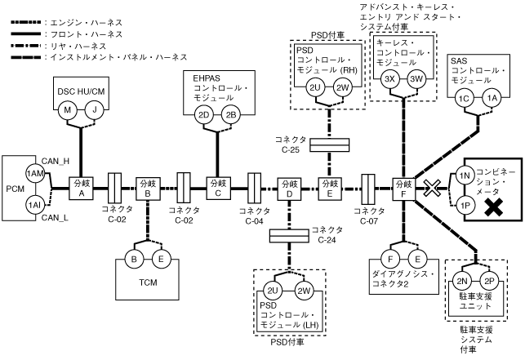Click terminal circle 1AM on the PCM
point(34,173)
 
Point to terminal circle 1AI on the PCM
point(34,204)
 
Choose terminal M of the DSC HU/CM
point(69,109)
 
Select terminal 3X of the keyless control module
point(389,78)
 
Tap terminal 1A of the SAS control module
point(492,98)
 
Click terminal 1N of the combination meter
point(463,175)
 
